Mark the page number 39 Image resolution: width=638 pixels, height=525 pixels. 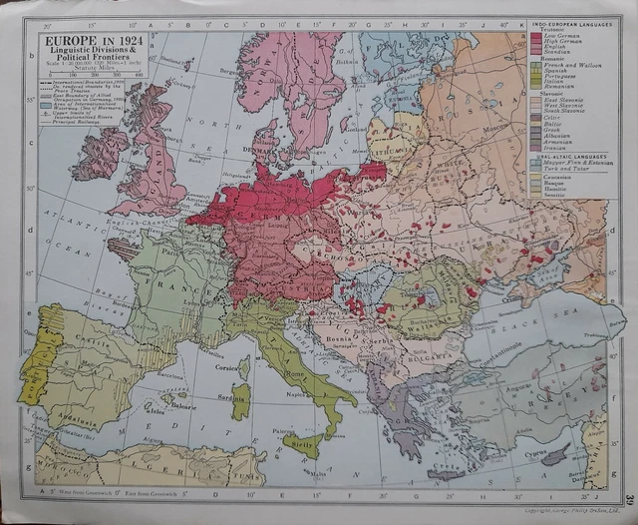[630, 500]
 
